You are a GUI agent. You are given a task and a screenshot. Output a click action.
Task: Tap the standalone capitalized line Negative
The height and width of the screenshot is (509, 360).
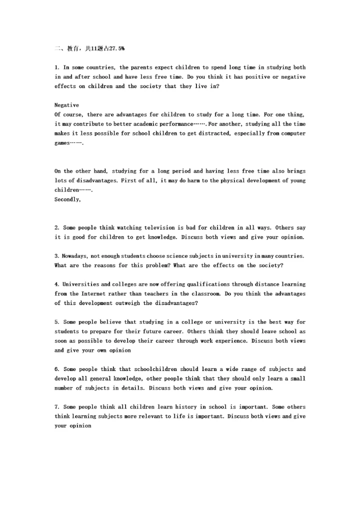(66, 105)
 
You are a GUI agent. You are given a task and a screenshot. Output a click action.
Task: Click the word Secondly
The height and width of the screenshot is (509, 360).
(67, 199)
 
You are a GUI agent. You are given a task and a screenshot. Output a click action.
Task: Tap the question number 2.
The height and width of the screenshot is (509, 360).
(57, 228)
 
